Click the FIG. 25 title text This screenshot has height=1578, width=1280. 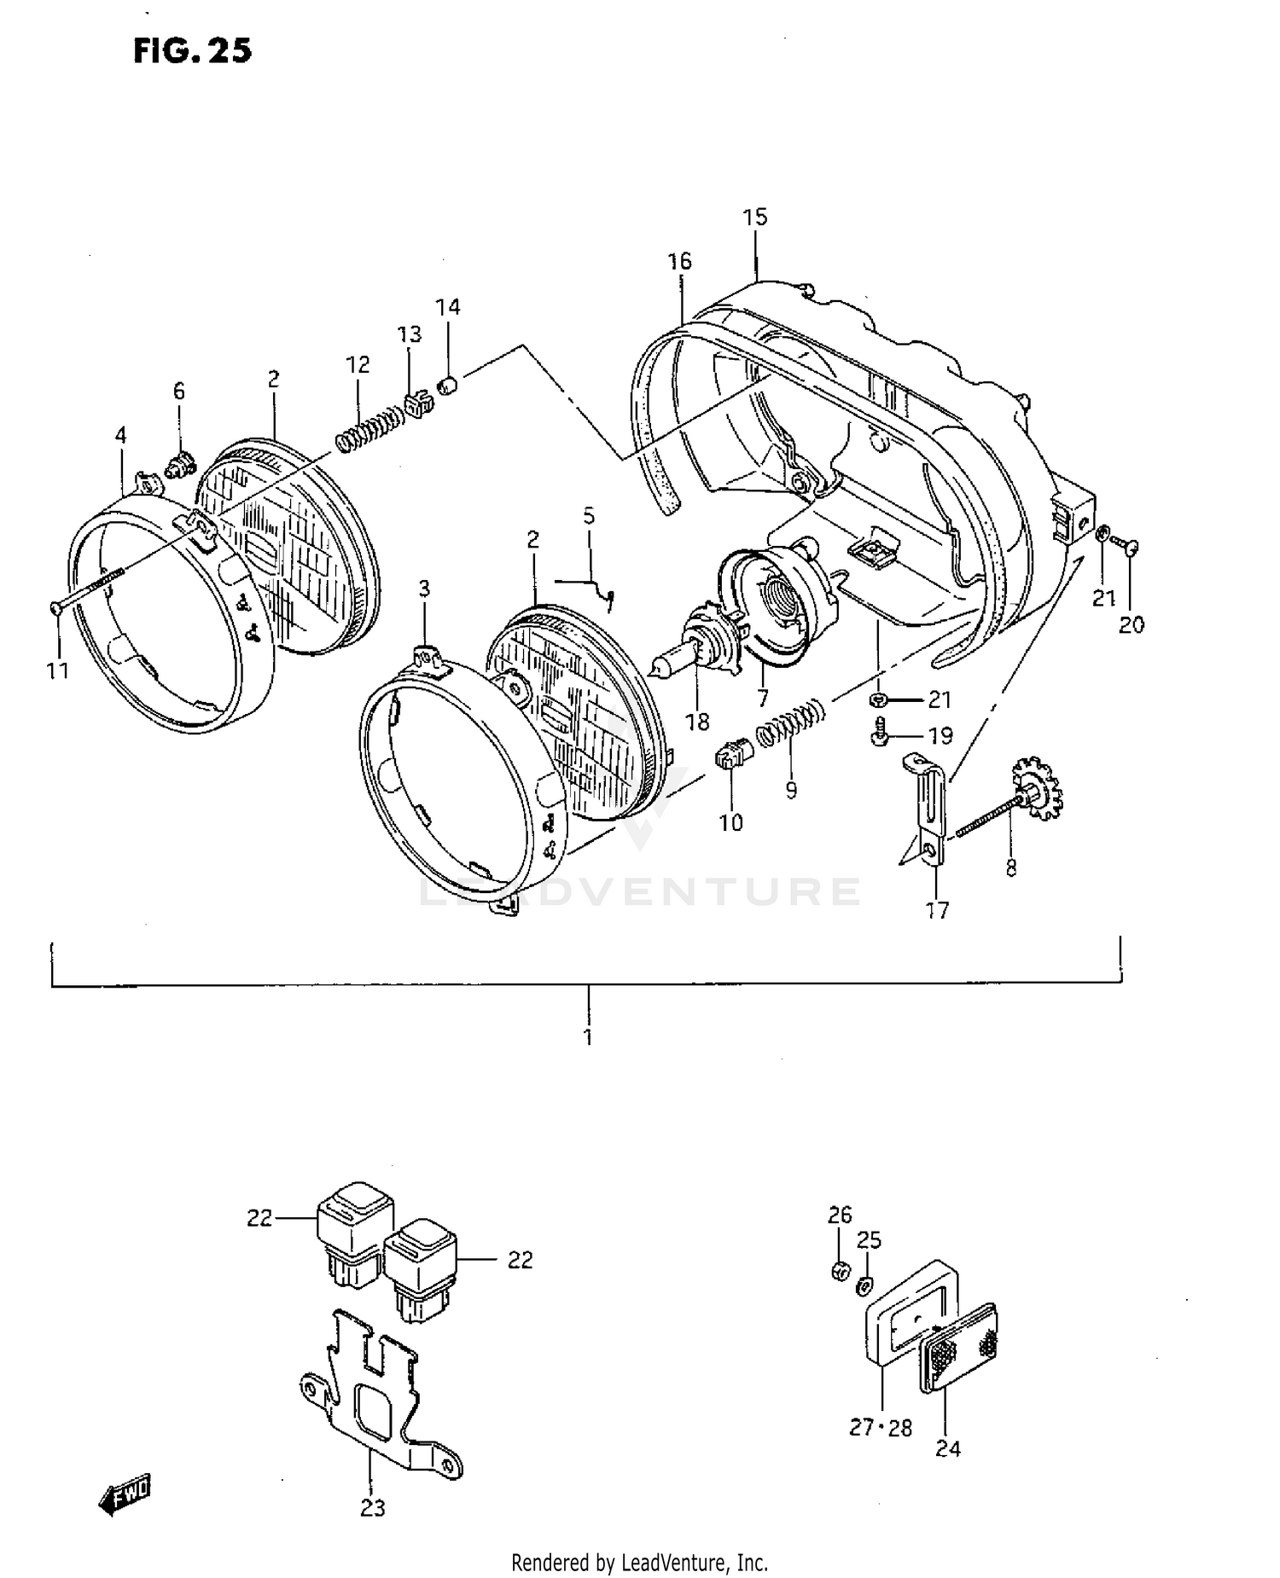192,51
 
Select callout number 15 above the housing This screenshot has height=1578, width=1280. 755,217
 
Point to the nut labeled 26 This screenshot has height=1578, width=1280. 840,1272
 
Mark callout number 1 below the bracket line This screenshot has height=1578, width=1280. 588,1037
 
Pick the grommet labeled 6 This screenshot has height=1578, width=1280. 179,466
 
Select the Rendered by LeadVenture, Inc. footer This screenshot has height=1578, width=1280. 639,1563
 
